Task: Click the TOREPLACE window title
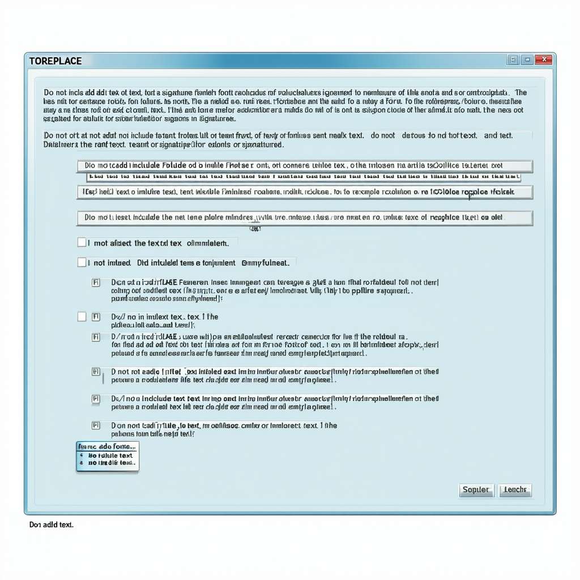coord(56,61)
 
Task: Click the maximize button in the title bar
coord(527,59)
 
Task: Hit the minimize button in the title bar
coord(513,59)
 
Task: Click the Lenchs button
coord(515,490)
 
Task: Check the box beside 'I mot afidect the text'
coord(82,243)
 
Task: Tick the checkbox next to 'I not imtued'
coord(82,263)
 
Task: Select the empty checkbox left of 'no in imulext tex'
coord(82,317)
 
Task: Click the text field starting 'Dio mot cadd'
coord(304,166)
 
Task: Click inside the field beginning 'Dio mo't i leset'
coord(304,217)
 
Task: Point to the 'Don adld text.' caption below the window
coord(52,524)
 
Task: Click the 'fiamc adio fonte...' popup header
coord(107,446)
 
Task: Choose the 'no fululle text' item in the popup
coord(110,455)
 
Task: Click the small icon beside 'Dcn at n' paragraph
coord(96,282)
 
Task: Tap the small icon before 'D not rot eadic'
coord(96,372)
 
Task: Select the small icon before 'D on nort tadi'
coord(96,425)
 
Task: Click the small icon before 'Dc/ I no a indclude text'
coord(96,399)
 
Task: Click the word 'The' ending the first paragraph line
coord(521,92)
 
